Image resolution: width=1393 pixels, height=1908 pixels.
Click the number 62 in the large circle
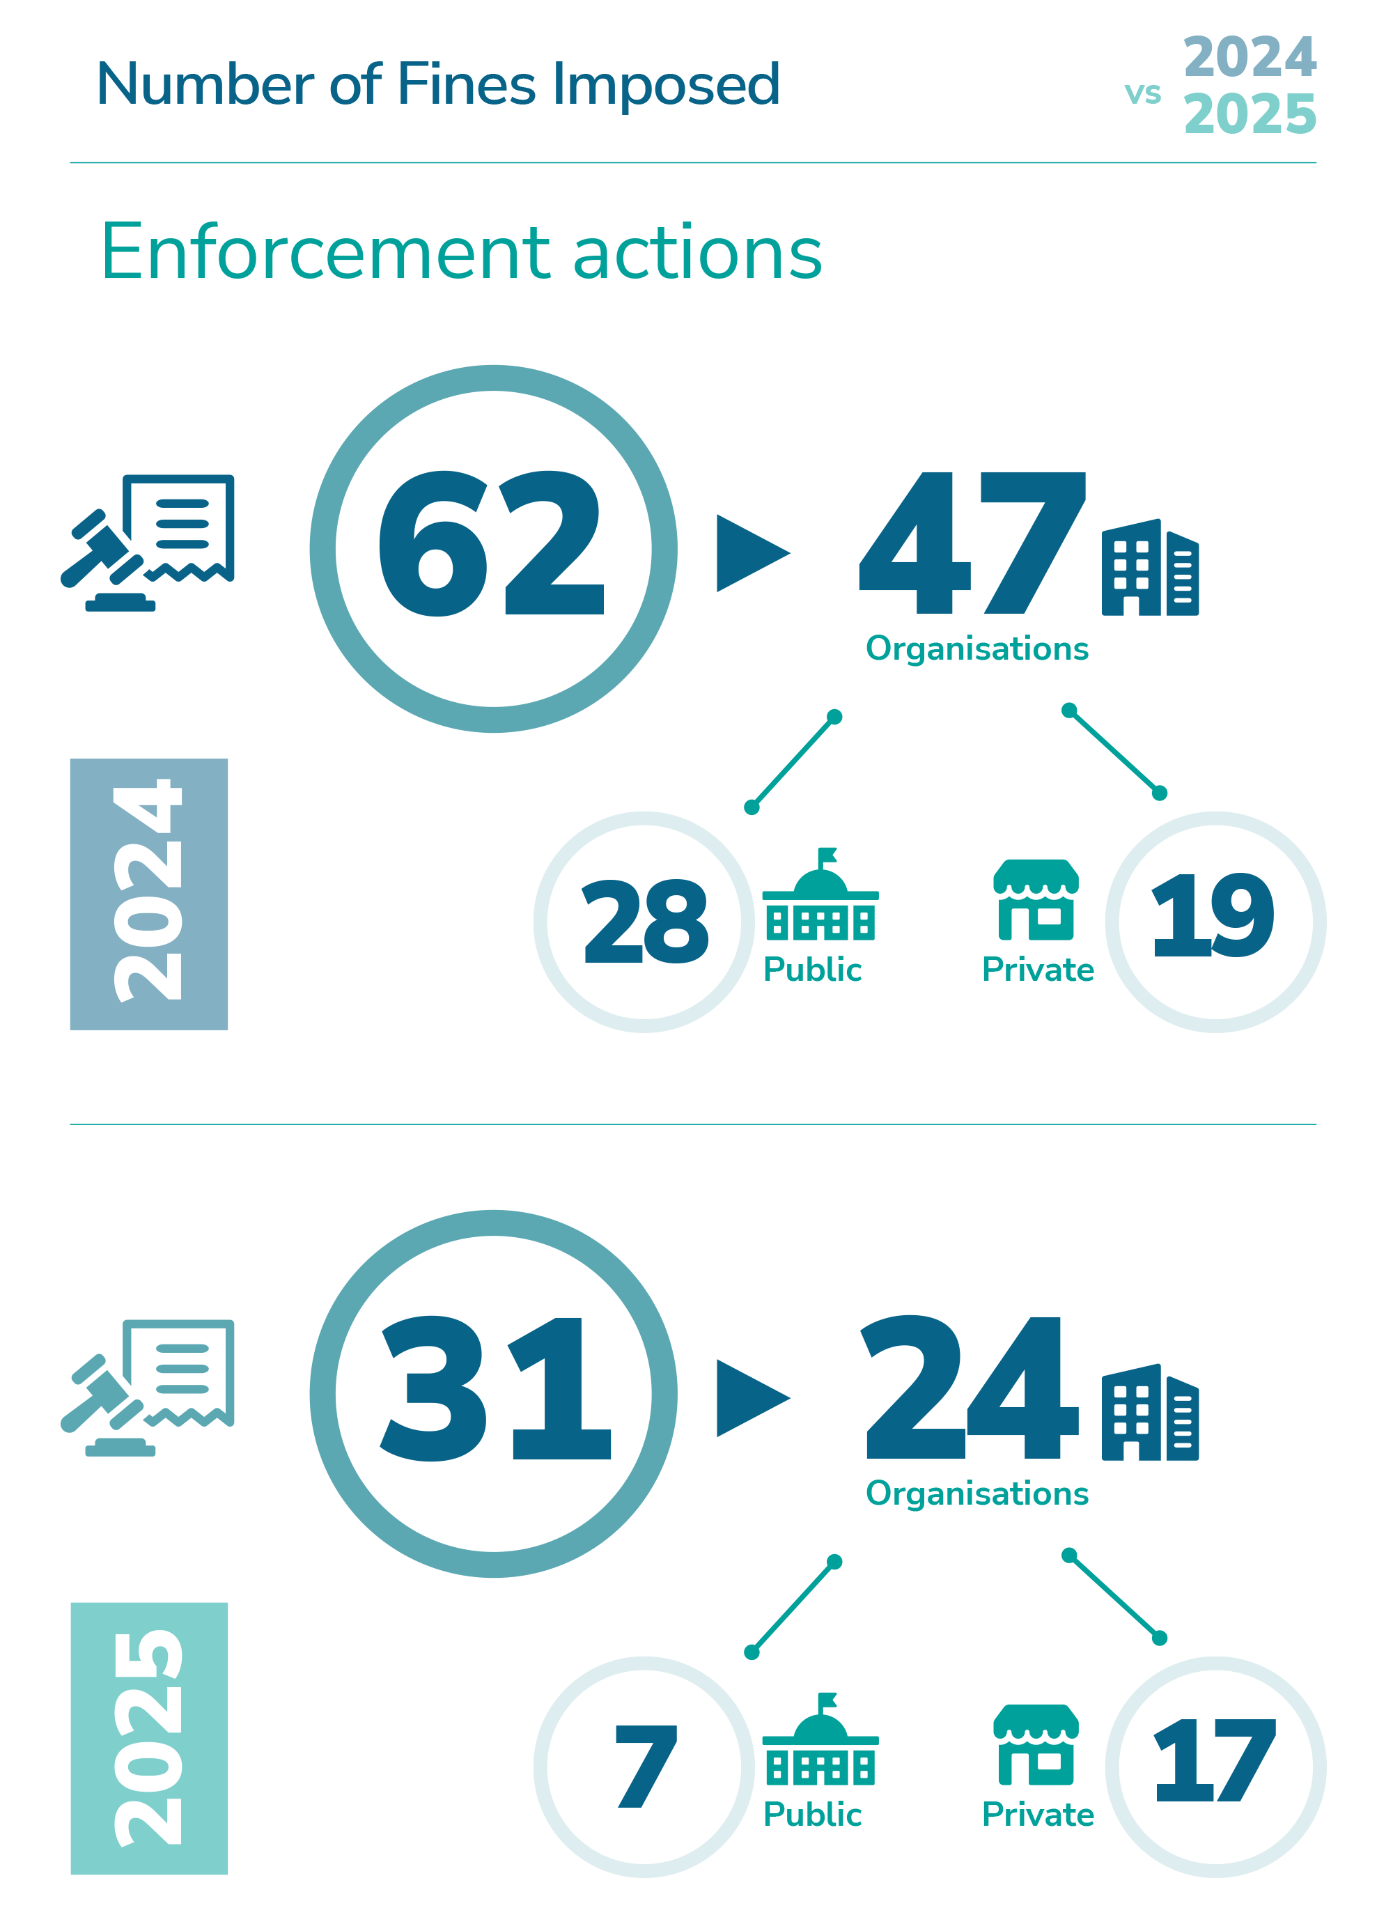(x=492, y=544)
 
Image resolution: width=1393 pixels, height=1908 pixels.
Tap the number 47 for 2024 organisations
(x=972, y=544)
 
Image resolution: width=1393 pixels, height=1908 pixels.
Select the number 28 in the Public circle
(x=645, y=921)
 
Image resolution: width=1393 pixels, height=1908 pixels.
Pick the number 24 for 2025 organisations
(x=972, y=1388)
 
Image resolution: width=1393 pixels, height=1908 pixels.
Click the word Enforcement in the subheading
(x=325, y=253)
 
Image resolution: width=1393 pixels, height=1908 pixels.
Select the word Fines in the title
(x=466, y=85)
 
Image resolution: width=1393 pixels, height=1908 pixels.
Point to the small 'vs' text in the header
(x=1142, y=93)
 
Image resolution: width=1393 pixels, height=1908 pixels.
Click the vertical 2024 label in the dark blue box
(x=148, y=893)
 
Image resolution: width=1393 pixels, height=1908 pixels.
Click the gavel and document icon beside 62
(x=149, y=541)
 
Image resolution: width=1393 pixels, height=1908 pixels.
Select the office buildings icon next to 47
(x=1149, y=568)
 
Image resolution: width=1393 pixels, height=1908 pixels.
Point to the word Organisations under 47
(x=976, y=649)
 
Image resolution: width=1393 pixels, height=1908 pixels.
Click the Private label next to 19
(x=1037, y=970)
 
